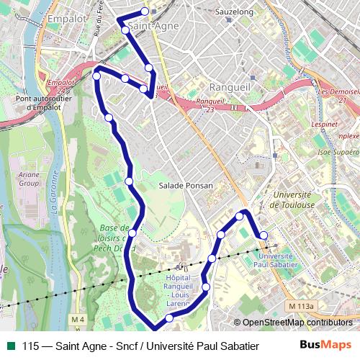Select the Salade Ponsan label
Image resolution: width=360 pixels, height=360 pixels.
(x=186, y=186)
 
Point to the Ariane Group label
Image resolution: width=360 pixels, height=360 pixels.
(x=29, y=179)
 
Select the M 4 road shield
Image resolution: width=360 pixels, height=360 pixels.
(x=78, y=319)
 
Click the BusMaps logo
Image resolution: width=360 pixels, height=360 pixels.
(x=325, y=345)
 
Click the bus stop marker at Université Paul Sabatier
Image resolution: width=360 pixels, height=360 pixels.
(x=264, y=235)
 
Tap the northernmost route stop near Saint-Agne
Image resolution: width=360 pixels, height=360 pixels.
(x=145, y=11)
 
